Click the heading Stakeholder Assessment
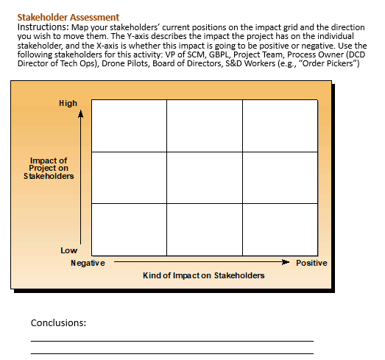tap(68, 17)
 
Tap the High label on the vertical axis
tap(68, 103)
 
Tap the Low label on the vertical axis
tap(68, 250)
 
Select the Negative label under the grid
tap(88, 263)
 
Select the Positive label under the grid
tap(311, 263)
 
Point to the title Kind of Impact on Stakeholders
tap(203, 275)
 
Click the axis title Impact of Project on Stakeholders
tap(49, 169)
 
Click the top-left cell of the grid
tap(128, 125)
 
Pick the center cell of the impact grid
tap(204, 176)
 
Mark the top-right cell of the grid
tap(280, 125)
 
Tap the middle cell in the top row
tap(204, 125)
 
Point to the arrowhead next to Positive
tap(286, 261)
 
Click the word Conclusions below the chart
tap(59, 322)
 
